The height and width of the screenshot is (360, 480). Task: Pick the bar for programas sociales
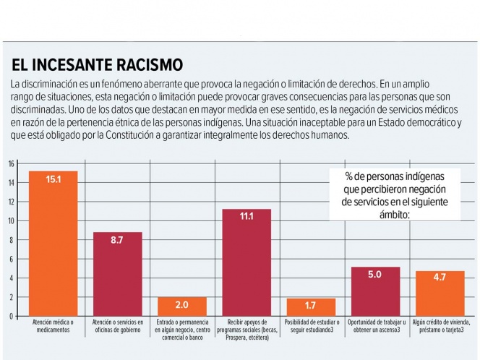pos(246,262)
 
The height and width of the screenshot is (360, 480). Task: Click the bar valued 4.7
pos(440,293)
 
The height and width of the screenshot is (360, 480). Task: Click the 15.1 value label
pos(53,179)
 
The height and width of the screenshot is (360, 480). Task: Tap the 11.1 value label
pos(246,215)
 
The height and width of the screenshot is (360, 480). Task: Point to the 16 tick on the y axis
pos(12,163)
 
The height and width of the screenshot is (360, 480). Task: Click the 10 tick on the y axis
pos(12,220)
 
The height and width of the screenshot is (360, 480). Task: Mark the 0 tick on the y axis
pos(12,316)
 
